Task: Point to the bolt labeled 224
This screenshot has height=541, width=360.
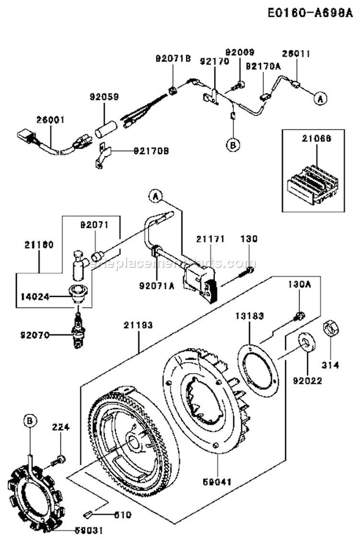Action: point(60,459)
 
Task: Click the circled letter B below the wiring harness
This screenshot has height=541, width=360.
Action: point(233,144)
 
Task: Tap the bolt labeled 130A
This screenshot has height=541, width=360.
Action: point(299,315)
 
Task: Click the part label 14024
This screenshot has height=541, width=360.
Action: point(35,296)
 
